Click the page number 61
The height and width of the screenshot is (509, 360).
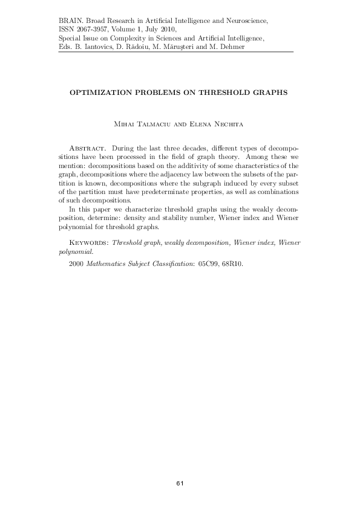click(x=180, y=483)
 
